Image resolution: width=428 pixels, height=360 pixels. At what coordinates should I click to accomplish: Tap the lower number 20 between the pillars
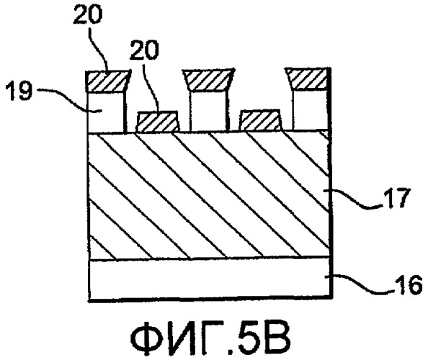(x=144, y=50)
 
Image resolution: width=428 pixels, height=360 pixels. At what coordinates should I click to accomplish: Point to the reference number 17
(x=396, y=198)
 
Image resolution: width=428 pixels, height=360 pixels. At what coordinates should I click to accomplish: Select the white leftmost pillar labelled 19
(x=106, y=112)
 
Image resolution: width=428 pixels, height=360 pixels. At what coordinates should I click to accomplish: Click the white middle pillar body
(x=208, y=111)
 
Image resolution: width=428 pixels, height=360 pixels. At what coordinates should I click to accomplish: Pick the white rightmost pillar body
(x=311, y=110)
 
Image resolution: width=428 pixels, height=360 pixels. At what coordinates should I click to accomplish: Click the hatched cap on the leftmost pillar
(x=108, y=81)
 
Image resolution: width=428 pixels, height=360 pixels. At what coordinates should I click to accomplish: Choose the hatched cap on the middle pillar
(x=208, y=80)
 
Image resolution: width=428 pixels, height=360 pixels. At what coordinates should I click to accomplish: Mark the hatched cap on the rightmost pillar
(x=308, y=79)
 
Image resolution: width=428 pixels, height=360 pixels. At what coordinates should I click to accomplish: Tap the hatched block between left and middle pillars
(x=159, y=122)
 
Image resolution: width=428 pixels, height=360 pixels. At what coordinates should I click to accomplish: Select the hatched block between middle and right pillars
(x=260, y=120)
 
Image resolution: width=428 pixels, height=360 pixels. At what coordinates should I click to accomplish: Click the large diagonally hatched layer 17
(x=210, y=195)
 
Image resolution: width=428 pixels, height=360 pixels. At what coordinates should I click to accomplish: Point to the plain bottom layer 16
(x=210, y=279)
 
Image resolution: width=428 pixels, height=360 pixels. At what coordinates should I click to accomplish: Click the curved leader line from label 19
(x=69, y=99)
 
